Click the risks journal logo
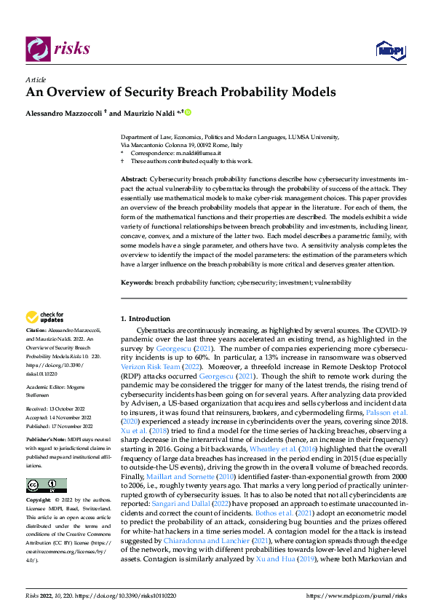[58, 49]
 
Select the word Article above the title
[36, 79]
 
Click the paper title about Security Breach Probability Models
[180, 92]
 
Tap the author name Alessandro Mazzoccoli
[64, 113]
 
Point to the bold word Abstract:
[133, 179]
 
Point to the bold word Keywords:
[136, 282]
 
